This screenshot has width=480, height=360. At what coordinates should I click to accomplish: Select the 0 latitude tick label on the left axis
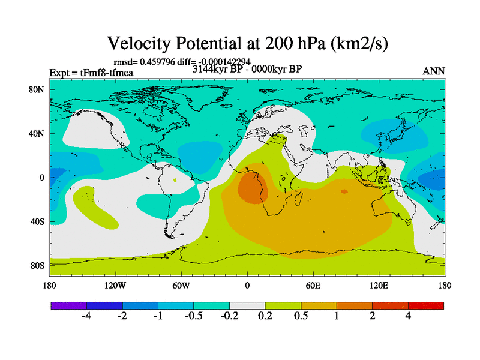tap(42, 178)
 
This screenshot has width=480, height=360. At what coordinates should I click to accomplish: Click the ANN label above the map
tap(434, 71)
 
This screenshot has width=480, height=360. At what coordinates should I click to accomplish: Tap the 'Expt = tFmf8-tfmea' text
tap(91, 73)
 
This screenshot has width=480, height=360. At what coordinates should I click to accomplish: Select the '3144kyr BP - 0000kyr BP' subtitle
tap(247, 69)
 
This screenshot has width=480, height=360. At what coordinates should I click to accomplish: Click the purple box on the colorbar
tap(68, 305)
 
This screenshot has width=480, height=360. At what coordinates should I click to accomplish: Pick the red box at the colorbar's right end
tap(426, 305)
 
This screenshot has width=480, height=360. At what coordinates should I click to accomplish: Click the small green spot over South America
tap(175, 180)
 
